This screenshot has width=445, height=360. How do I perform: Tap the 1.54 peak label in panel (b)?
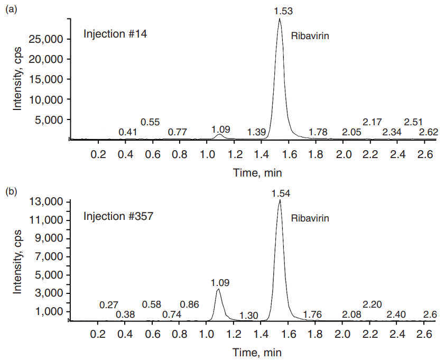tap(281, 193)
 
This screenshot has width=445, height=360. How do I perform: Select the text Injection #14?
tap(115, 35)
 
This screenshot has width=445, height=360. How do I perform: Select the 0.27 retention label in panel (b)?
tap(109, 305)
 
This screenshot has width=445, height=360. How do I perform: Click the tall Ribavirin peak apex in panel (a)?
tap(280, 19)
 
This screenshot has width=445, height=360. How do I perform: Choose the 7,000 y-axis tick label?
tap(49, 257)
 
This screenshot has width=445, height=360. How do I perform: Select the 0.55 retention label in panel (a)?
tap(150, 123)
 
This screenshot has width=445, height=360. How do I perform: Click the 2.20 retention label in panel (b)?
tap(372, 305)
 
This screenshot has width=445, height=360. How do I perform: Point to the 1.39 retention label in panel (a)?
tap(256, 132)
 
